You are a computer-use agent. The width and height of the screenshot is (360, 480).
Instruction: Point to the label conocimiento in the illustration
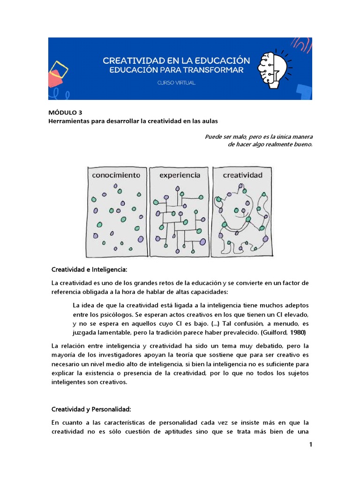tap(116, 176)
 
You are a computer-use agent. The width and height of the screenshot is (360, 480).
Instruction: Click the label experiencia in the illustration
tap(180, 176)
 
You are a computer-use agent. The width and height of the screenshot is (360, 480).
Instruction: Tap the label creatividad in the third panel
tap(242, 176)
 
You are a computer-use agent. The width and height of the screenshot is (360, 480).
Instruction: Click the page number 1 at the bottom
tap(310, 445)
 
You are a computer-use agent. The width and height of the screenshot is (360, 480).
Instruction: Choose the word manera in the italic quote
tap(301, 136)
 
